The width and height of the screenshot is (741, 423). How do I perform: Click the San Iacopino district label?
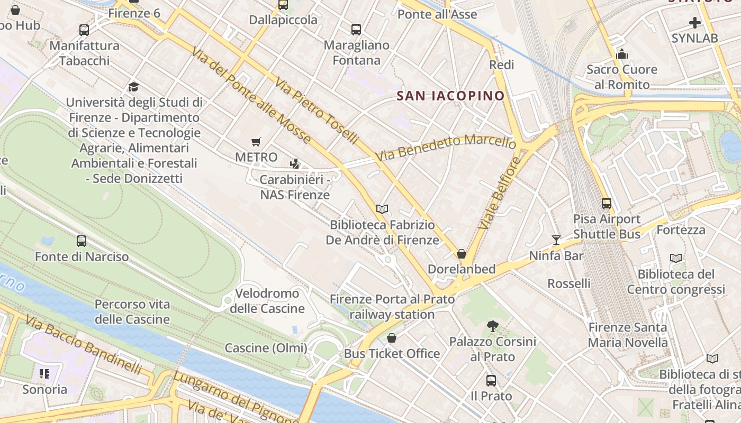pos(450,96)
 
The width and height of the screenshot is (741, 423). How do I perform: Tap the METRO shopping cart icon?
pos(256,142)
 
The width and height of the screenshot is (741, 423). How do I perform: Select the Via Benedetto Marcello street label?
pos(446,147)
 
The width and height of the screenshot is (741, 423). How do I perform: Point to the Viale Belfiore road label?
pos(500,193)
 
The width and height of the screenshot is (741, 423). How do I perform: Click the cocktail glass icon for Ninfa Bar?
pos(556,240)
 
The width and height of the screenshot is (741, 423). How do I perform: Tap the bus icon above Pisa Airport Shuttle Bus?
pos(607,203)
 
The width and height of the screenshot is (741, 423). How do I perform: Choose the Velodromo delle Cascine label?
pos(267,301)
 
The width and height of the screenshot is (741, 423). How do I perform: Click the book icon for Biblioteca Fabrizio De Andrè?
pos(382,209)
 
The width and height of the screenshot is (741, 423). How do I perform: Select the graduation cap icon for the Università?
pos(133,86)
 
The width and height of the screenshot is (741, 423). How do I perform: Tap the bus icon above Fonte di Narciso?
pos(82,241)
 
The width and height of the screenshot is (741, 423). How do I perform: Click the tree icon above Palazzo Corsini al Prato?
pos(493,326)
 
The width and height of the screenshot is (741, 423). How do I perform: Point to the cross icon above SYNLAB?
pos(695,23)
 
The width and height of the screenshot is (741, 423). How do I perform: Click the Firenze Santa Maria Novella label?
pos(628,335)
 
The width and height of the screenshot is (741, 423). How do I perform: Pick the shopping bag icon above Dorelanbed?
pos(462,254)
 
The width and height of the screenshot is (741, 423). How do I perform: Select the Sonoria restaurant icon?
pos(44,374)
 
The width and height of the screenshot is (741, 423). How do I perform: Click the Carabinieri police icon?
pos(295,164)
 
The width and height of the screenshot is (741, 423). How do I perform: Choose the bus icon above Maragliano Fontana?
pos(356,30)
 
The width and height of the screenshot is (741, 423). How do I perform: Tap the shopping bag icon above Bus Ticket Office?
pos(392,338)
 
